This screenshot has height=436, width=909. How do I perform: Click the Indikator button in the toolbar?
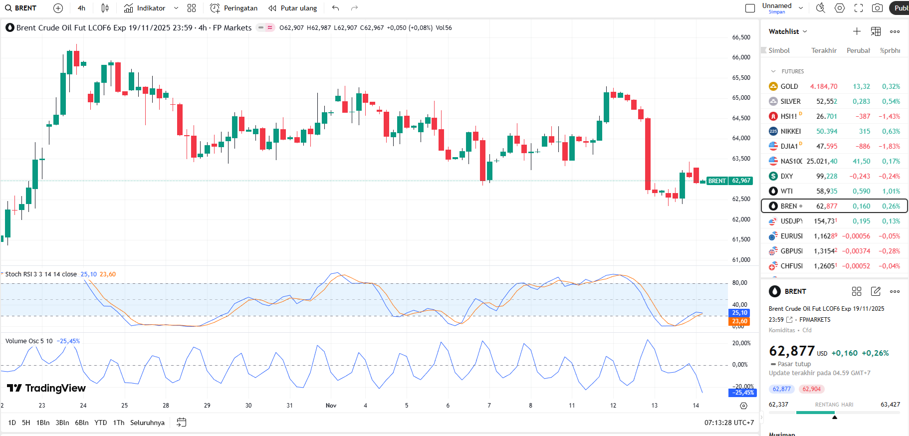145,8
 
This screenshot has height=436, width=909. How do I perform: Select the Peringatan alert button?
234,8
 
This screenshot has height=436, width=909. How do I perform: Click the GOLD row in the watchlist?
789,86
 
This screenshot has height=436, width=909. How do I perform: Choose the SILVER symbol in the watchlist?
790,101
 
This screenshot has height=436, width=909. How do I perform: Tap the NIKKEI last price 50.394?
827,131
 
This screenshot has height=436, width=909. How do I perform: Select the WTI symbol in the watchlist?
786,191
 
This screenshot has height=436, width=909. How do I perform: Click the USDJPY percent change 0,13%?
891,221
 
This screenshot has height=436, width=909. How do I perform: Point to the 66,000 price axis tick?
741,57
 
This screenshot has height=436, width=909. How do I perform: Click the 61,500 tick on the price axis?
741,239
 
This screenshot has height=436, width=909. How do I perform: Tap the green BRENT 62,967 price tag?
729,181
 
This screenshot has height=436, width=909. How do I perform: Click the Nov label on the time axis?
331,406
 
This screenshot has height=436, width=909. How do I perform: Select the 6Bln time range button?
82,423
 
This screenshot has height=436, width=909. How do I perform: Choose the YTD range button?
101,423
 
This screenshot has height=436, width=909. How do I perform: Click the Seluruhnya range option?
147,423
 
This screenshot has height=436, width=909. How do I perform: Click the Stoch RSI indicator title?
41,274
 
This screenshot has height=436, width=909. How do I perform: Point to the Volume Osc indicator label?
29,341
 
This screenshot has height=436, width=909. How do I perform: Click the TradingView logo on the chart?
46,388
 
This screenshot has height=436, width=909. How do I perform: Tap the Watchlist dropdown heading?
787,31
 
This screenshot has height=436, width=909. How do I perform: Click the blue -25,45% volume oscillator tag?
742,393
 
